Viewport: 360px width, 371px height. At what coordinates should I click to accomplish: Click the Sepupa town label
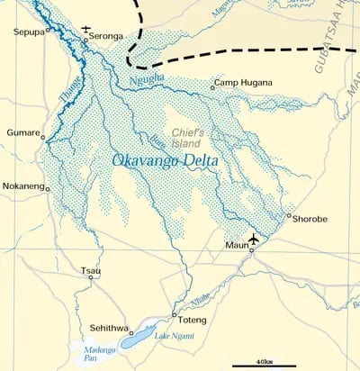click(x=28, y=32)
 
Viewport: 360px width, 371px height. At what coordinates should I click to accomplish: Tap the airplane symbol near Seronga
click(x=86, y=28)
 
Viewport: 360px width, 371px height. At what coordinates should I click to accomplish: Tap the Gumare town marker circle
click(x=43, y=133)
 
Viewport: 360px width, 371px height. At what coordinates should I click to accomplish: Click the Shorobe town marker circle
click(x=288, y=215)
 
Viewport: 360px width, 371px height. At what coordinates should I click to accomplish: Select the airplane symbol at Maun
click(x=254, y=238)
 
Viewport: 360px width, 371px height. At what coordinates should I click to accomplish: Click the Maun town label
click(x=236, y=244)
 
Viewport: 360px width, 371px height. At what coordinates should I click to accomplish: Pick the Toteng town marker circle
click(x=174, y=314)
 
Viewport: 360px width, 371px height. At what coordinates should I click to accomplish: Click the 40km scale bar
click(x=264, y=366)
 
